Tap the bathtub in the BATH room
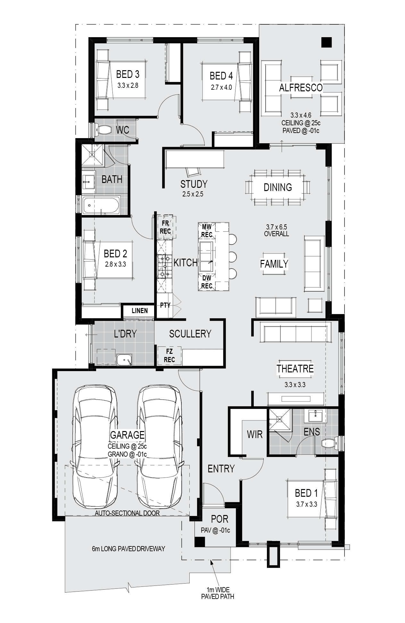101,205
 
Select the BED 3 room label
128,74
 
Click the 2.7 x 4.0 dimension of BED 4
221,87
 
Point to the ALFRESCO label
301,87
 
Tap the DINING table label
278,187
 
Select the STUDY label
194,184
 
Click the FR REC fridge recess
166,227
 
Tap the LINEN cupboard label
140,311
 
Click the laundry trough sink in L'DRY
124,360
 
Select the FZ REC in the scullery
169,356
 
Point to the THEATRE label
295,369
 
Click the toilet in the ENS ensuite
328,443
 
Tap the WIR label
255,435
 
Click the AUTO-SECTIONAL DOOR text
127,513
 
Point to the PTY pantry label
165,305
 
